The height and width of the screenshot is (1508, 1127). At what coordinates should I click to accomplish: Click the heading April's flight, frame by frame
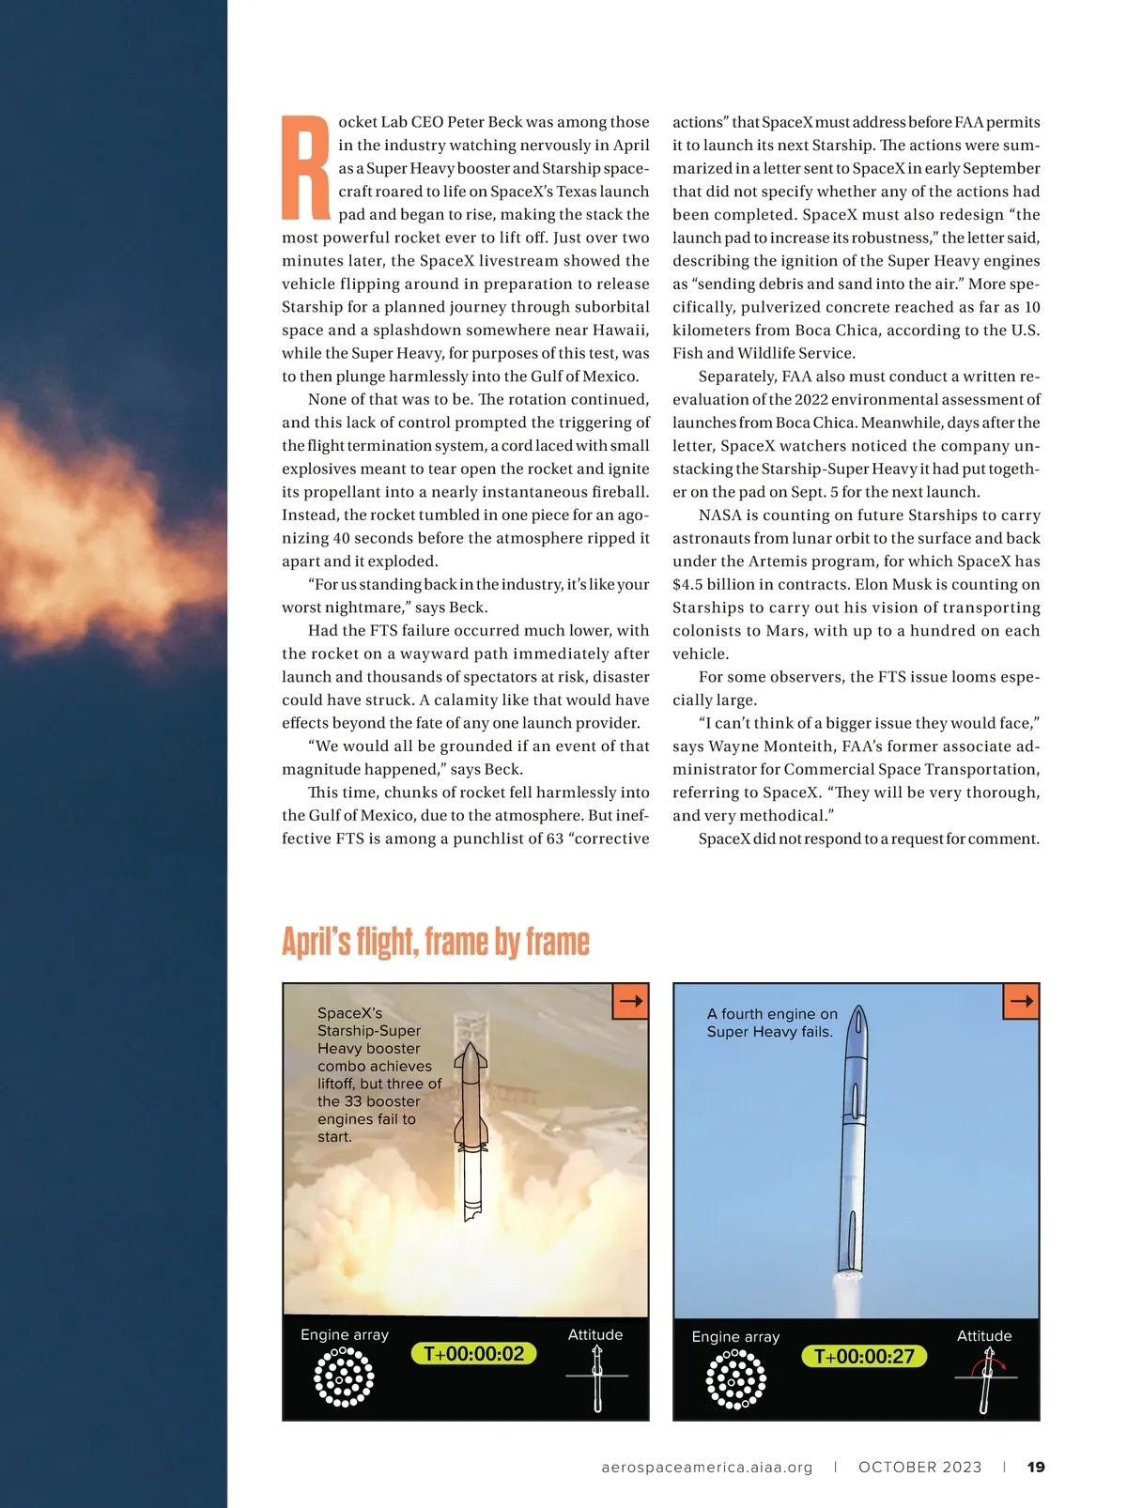pos(436,941)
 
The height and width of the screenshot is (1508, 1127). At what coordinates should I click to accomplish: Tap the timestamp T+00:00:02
pos(473,1353)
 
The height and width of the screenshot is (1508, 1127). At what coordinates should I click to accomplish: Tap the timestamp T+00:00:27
pos(864,1356)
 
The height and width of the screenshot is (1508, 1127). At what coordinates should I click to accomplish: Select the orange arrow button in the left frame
pos(630,1001)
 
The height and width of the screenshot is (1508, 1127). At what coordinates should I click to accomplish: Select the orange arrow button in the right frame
pos(1021,1001)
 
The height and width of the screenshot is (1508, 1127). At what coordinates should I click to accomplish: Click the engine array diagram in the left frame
pos(344,1377)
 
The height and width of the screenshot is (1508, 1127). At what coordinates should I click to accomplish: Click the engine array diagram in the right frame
pos(735,1379)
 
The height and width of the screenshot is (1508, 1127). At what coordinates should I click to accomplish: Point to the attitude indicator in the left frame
pos(597,1377)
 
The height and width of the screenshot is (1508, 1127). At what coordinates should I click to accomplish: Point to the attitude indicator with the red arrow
pos(986,1379)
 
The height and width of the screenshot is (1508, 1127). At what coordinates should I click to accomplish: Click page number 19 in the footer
pos(1036,1467)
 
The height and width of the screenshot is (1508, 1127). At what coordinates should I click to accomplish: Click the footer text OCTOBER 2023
pos(919,1467)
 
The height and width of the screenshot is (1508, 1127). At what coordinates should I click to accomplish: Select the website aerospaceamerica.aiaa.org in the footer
pos(706,1467)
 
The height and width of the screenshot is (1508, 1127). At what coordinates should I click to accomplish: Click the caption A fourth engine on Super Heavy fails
pos(771,1023)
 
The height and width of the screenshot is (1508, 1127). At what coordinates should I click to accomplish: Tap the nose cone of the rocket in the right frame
pos(857,1020)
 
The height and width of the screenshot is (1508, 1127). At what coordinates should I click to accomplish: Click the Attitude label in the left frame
pos(595,1334)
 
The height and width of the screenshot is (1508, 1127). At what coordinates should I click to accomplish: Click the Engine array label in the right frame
pos(735,1336)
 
